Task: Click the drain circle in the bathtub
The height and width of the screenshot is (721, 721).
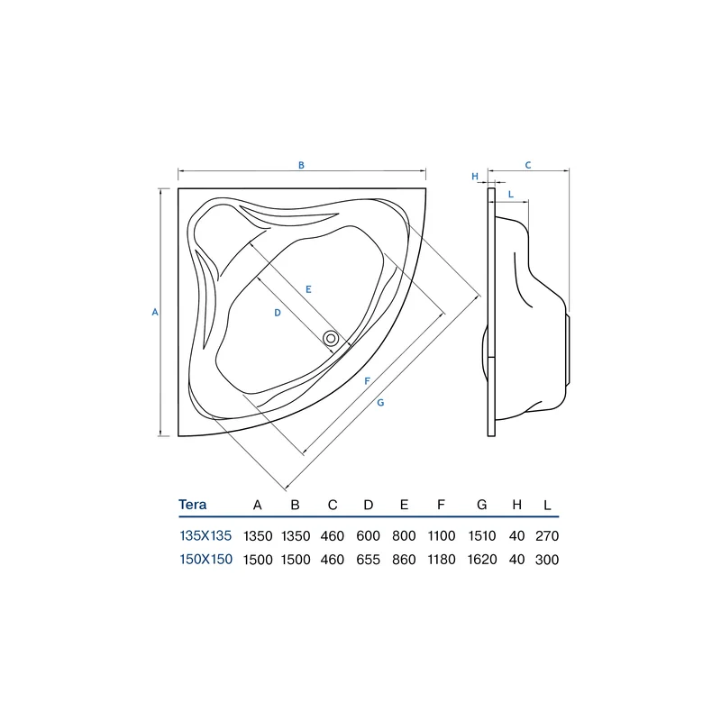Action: (331, 339)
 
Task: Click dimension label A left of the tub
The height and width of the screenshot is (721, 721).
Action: (155, 312)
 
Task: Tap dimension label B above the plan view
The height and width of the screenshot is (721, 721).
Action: (301, 165)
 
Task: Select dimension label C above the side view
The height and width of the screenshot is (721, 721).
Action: (528, 165)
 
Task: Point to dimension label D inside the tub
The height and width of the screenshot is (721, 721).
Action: (278, 313)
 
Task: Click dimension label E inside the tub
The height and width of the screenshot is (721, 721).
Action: (308, 289)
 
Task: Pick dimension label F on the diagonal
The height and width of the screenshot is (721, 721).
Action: (367, 380)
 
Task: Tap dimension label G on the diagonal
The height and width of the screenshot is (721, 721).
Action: (380, 403)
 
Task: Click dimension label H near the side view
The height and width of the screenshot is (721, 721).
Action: (475, 176)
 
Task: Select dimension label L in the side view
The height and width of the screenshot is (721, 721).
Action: (511, 195)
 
